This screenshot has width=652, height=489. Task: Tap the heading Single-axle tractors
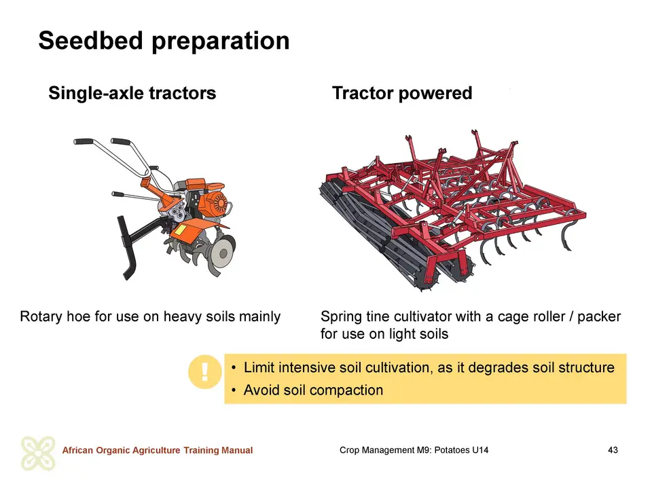click(132, 93)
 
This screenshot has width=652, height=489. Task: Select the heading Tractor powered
click(402, 93)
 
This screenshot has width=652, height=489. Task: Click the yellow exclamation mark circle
click(204, 372)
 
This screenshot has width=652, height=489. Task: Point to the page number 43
click(613, 450)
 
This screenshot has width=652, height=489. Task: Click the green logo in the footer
click(38, 454)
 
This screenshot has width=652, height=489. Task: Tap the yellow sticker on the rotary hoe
click(180, 230)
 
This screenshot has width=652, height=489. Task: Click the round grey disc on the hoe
click(223, 253)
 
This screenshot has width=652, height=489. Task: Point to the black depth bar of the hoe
click(127, 247)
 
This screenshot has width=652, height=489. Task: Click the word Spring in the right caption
click(341, 317)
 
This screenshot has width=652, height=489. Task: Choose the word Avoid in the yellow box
click(261, 390)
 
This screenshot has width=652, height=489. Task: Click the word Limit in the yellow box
click(259, 367)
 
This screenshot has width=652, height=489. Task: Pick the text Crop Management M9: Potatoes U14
click(414, 450)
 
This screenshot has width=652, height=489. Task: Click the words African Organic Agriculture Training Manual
click(157, 450)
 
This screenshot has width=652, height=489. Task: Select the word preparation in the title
click(220, 41)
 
